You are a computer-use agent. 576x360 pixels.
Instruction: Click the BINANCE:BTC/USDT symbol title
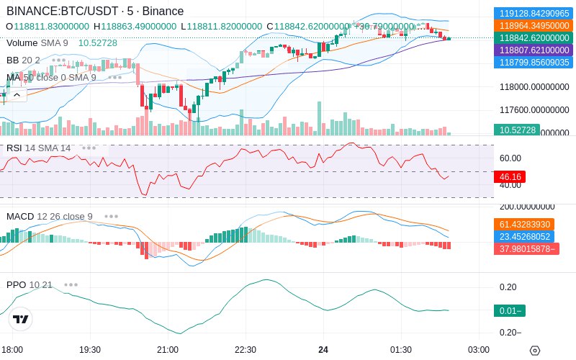pyautogui.click(x=63, y=12)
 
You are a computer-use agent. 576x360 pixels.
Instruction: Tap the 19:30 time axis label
pyautogui.click(x=89, y=349)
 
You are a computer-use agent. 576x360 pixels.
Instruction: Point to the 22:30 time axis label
pyautogui.click(x=246, y=349)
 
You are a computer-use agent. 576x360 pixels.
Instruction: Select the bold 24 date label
pyautogui.click(x=323, y=349)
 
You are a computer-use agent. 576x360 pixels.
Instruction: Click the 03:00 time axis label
pyautogui.click(x=479, y=349)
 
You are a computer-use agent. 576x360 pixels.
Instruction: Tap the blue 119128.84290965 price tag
pyautogui.click(x=534, y=13)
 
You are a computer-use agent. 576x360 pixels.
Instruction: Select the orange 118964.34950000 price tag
pyautogui.click(x=534, y=25)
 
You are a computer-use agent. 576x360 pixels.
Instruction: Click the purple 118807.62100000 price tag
pyautogui.click(x=534, y=50)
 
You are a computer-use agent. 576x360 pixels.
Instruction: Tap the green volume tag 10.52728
pyautogui.click(x=516, y=130)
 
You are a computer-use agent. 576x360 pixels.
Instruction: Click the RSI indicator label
pyautogui.click(x=14, y=148)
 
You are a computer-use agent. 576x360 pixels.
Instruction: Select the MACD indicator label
pyautogui.click(x=20, y=216)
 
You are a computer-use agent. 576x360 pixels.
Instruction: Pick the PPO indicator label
pyautogui.click(x=17, y=284)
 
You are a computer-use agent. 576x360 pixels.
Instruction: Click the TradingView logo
pyautogui.click(x=21, y=320)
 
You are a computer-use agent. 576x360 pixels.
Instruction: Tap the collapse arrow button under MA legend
pyautogui.click(x=16, y=94)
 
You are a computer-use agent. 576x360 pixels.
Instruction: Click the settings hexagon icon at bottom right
pyautogui.click(x=534, y=350)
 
